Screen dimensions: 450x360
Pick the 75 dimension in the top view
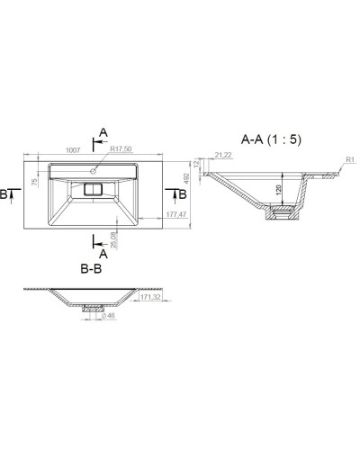[36, 184]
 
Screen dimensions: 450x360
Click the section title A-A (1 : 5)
[271, 139]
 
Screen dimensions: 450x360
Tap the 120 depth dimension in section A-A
[279, 190]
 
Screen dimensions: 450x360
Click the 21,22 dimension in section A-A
[225, 155]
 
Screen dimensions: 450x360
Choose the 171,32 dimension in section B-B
[150, 297]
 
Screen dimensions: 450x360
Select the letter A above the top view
[103, 132]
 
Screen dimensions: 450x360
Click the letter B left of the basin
[5, 193]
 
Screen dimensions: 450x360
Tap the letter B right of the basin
[182, 193]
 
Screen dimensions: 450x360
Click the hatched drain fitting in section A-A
[281, 214]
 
